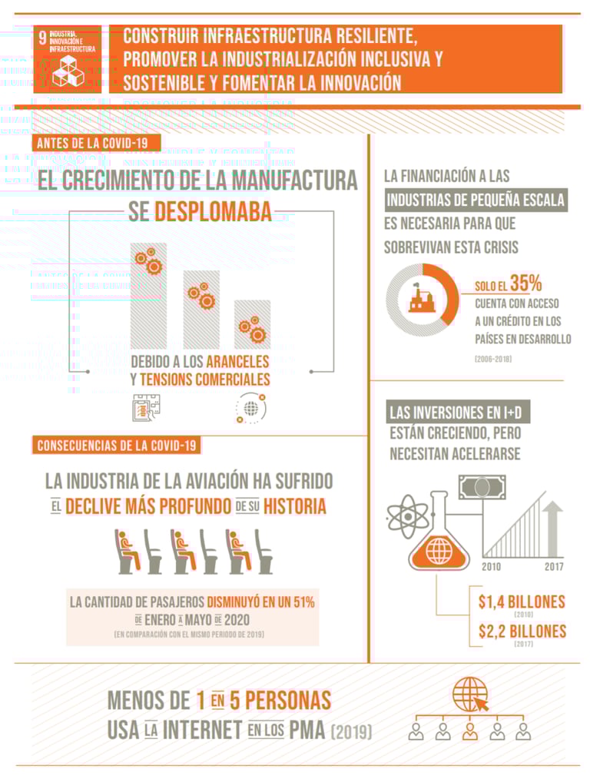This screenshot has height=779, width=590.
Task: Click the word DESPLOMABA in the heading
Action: pos(213,211)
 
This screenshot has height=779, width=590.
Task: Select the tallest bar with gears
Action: pos(148,295)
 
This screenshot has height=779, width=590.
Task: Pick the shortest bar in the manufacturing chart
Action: pos(252,324)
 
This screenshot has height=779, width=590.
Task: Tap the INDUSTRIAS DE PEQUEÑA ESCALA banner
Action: pos(476,201)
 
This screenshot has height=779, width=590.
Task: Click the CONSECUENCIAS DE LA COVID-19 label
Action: pos(117,445)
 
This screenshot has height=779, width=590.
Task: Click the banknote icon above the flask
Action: pos(482,486)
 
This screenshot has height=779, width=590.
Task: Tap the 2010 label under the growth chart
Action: pos(492,567)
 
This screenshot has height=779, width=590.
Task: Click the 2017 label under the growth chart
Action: pos(554,567)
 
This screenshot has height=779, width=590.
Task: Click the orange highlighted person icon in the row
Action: pos(469,730)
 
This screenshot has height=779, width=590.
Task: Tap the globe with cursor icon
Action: pos(469,694)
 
